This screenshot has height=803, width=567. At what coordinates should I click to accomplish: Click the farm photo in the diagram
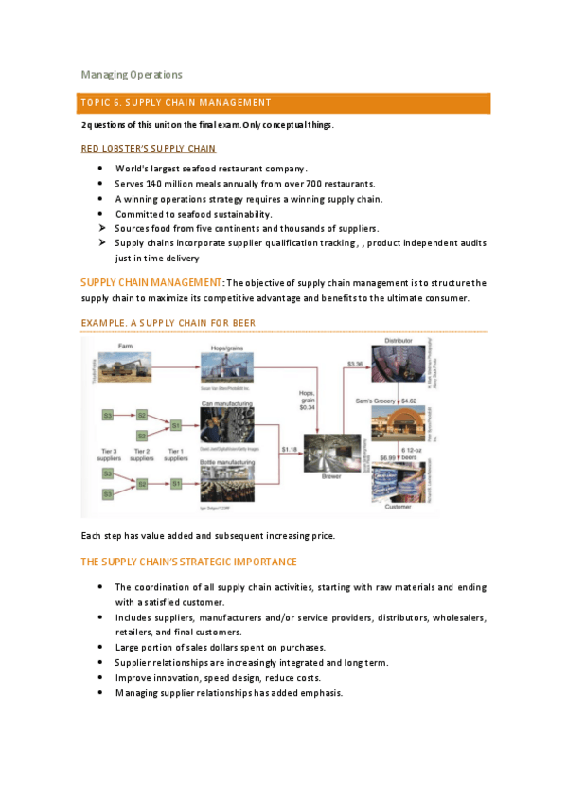[120, 365]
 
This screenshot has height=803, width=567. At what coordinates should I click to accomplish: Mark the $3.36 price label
[356, 364]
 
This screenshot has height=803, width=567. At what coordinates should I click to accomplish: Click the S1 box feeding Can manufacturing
[175, 425]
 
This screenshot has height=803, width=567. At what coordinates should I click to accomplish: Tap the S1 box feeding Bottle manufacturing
[175, 484]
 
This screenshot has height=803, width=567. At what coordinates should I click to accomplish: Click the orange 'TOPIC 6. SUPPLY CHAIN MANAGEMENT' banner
[284, 103]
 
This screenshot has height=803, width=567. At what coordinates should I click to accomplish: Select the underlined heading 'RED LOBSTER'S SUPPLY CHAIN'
[149, 149]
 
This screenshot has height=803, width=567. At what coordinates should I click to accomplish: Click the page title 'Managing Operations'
[132, 75]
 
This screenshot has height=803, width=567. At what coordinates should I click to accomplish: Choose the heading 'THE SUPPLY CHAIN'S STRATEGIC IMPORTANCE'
[189, 562]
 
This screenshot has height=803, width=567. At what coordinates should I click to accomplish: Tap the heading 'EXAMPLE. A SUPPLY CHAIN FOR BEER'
[168, 324]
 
